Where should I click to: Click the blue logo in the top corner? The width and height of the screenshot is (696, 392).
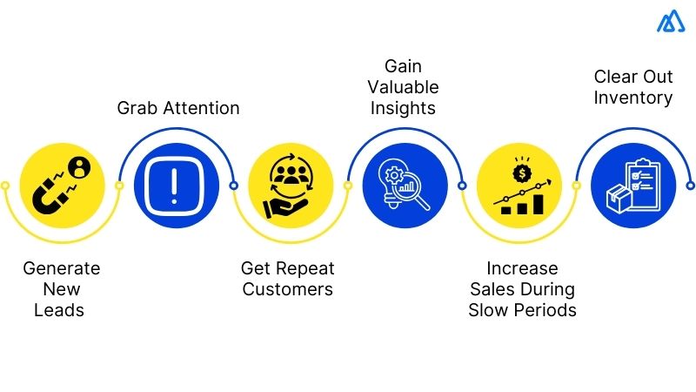[x=671, y=21]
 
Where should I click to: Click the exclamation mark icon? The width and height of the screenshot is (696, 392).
[x=175, y=186]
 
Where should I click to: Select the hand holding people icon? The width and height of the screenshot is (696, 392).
[x=291, y=186]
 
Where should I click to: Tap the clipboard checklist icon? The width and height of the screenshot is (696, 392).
[x=641, y=181]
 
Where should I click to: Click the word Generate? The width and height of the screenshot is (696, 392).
[x=62, y=268]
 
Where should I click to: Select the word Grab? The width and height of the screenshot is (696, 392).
[x=137, y=109]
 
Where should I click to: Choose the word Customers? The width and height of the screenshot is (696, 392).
[x=288, y=289]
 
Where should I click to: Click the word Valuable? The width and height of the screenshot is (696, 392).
[x=403, y=87]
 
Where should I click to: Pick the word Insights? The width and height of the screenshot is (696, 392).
[x=403, y=108]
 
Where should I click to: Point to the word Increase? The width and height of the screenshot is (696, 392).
[x=522, y=268]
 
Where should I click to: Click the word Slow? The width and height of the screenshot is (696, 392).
[x=489, y=310]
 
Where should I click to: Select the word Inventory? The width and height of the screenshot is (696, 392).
[x=633, y=97]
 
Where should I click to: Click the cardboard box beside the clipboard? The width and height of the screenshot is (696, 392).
[x=617, y=199]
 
